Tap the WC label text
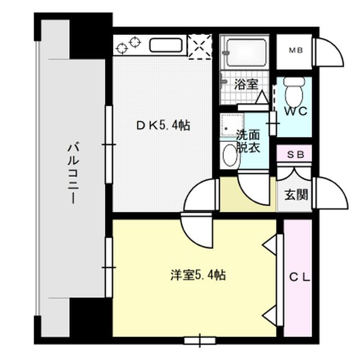coord(295,111)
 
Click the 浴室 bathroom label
coord(246,85)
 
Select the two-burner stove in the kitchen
coord(128,43)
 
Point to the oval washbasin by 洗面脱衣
coord(229,155)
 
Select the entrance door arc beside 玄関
coord(330,195)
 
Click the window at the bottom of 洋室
coord(201,339)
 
